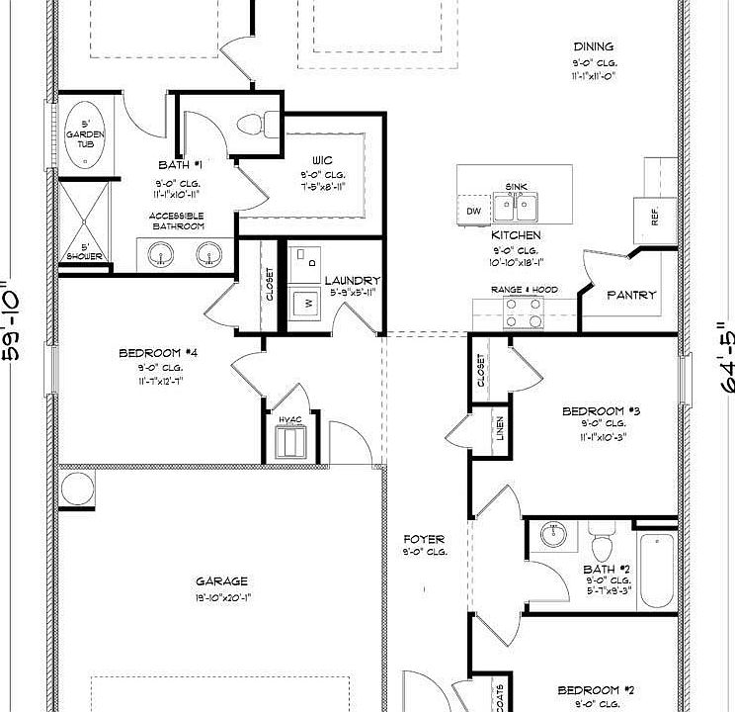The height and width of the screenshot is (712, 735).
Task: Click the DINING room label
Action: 593,46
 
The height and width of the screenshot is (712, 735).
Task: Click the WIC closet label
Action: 322,158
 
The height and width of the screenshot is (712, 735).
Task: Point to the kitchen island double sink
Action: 517,208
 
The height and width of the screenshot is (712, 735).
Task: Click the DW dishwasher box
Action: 472,211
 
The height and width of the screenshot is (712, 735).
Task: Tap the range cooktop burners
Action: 524,313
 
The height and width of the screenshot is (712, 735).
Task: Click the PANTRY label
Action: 631,295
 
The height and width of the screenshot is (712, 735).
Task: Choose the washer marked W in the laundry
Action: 308,302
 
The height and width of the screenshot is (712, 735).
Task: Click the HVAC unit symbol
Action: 290,440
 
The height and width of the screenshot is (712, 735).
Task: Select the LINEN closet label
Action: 501,428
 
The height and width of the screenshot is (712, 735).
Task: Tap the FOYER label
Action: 424,539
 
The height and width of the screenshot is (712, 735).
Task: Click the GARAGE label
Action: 221,581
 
